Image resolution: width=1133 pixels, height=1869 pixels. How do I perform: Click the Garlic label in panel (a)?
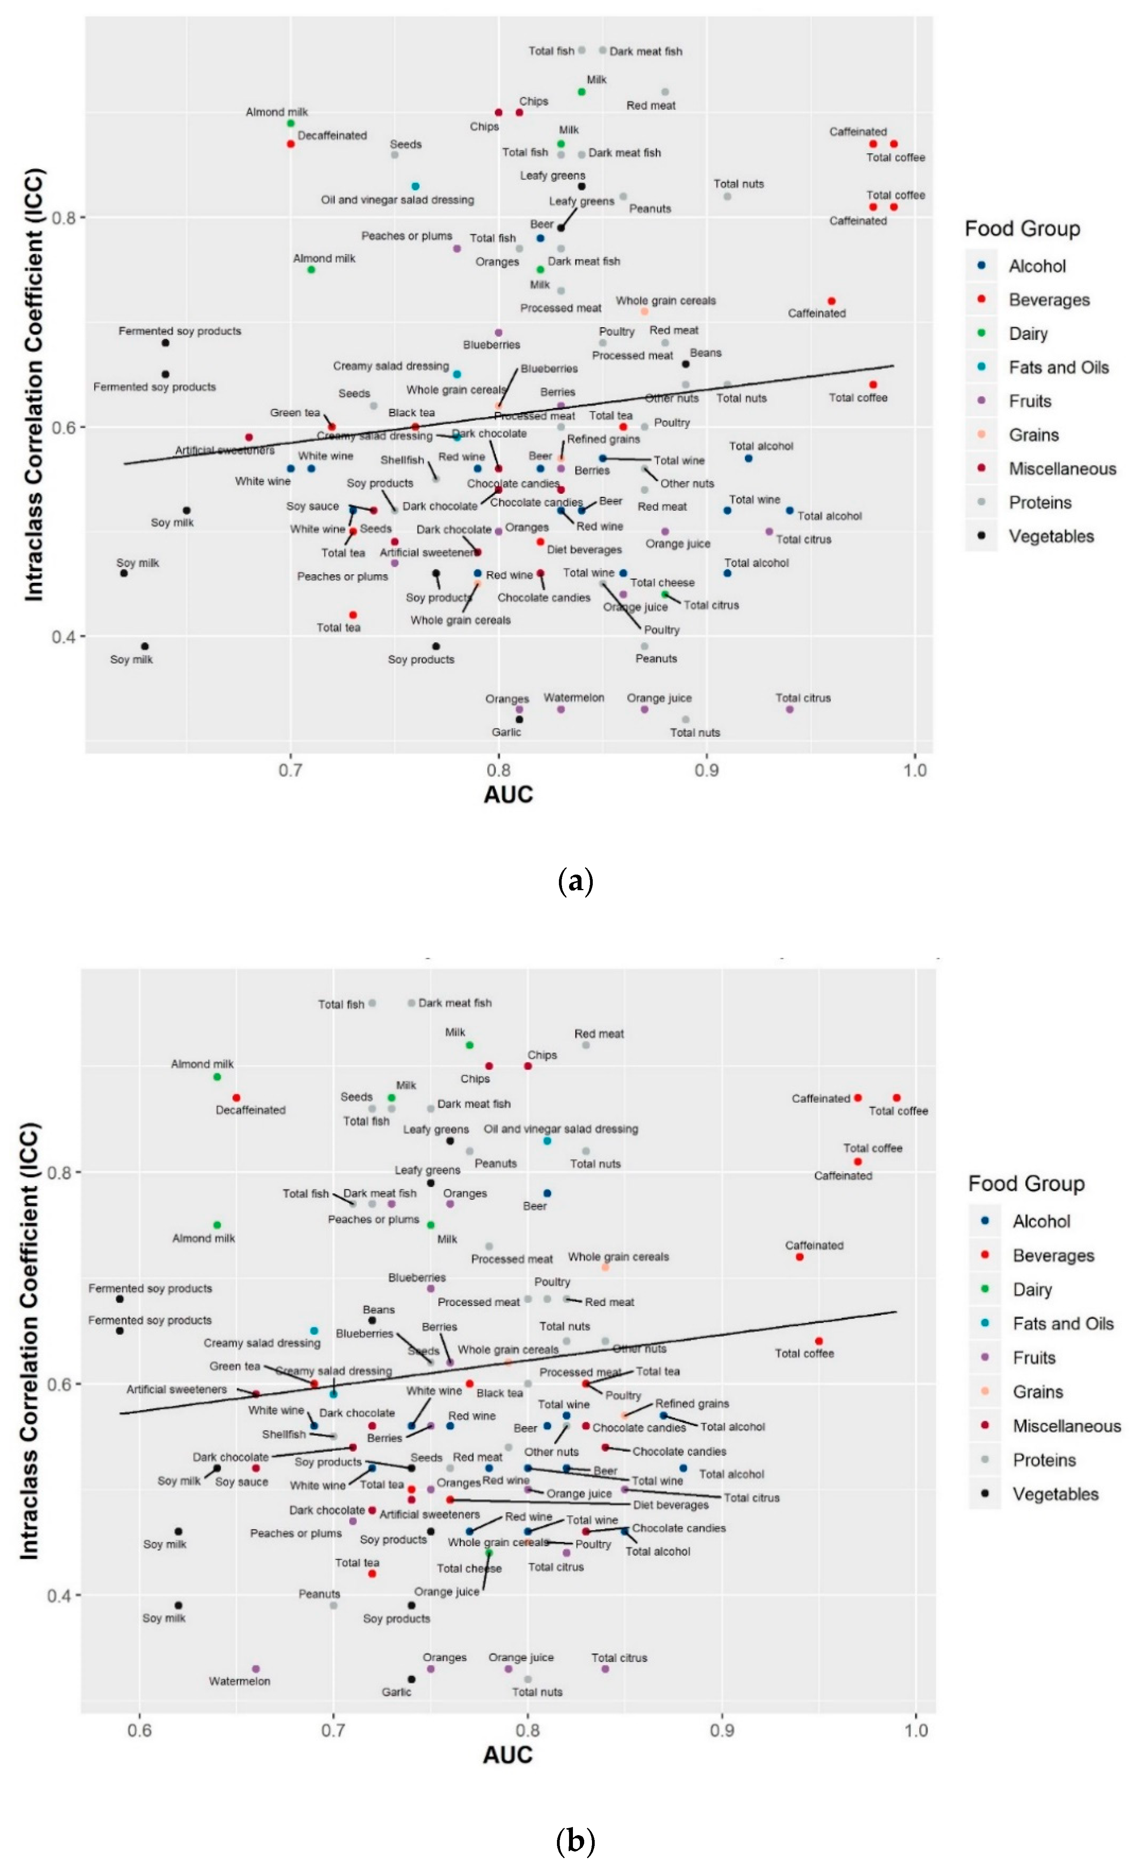pyautogui.click(x=506, y=732)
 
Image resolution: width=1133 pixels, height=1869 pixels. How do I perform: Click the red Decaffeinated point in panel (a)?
pyautogui.click(x=291, y=143)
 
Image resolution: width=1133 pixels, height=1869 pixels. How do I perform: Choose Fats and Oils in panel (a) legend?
pyautogui.click(x=1058, y=367)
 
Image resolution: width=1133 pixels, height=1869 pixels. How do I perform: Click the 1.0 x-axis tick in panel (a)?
pyautogui.click(x=915, y=770)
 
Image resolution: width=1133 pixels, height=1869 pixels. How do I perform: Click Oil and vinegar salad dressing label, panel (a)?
pyautogui.click(x=398, y=200)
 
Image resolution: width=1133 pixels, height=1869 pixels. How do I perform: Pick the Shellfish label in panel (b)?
pyautogui.click(x=284, y=1434)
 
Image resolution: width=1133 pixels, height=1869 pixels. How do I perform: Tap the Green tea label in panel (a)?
pyautogui.click(x=295, y=413)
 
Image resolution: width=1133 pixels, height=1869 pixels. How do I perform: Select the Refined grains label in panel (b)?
pyautogui.click(x=692, y=1403)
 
